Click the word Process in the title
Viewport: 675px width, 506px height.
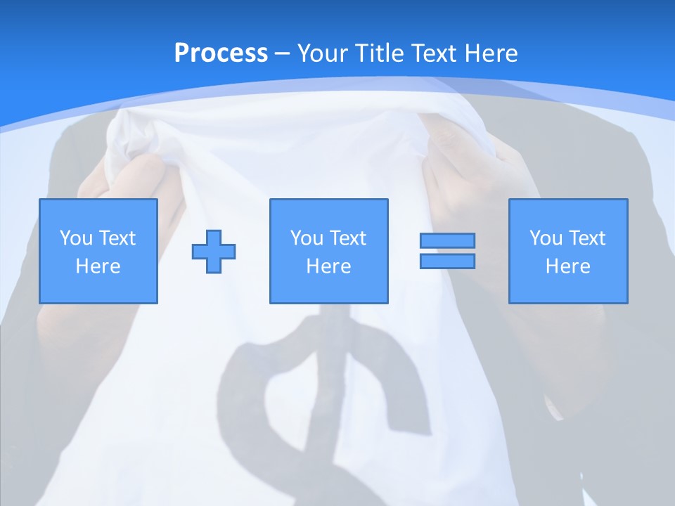click(221, 53)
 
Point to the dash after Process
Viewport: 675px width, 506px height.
click(283, 53)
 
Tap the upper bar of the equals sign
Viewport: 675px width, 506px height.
click(447, 240)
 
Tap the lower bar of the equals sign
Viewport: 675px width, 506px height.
click(447, 261)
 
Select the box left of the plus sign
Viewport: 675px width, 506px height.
click(98, 251)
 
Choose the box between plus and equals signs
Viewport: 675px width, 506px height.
click(329, 251)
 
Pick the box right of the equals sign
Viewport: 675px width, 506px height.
click(568, 251)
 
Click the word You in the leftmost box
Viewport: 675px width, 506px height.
click(76, 238)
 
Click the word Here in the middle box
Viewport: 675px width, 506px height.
click(329, 266)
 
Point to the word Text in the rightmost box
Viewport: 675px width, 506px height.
click(587, 238)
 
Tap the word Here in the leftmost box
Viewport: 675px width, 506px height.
click(98, 266)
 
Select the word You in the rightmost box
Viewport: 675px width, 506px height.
click(546, 238)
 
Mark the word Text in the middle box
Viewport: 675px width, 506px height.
click(348, 238)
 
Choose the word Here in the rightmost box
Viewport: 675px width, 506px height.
click(568, 266)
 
